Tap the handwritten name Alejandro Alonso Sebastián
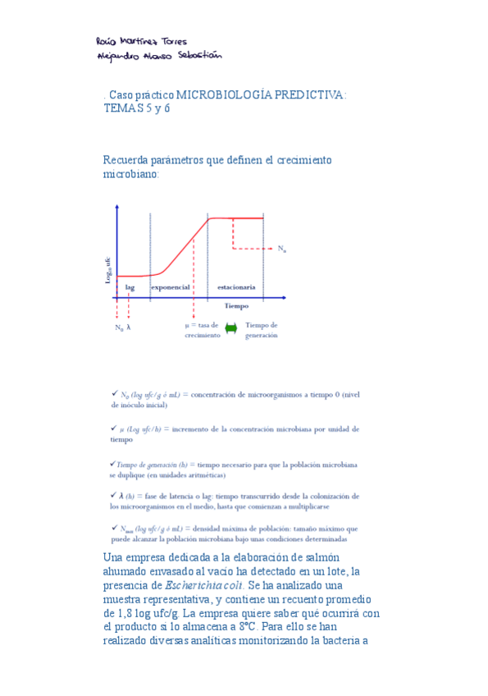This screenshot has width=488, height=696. click(x=158, y=57)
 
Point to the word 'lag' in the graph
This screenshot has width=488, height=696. click(x=130, y=287)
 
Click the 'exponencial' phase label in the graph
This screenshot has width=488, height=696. click(x=171, y=287)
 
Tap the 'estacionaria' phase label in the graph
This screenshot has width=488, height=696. click(x=237, y=287)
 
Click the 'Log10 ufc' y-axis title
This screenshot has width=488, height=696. click(x=107, y=270)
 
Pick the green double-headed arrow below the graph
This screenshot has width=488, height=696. click(x=230, y=328)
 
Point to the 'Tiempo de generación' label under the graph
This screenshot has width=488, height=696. click(x=262, y=330)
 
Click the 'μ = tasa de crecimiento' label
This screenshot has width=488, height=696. click(x=202, y=330)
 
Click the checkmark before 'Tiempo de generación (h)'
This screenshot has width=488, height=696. click(x=112, y=464)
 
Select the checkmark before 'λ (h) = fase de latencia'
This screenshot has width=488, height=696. click(x=113, y=496)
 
